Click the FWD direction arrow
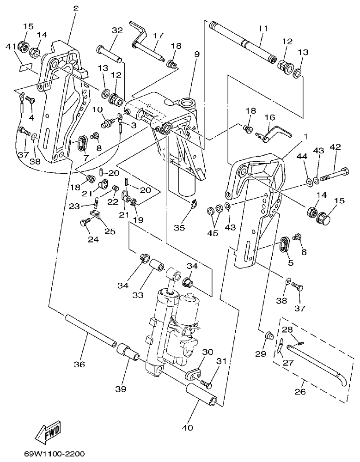[x=48, y=431]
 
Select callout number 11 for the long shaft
[x=262, y=29]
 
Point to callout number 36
[x=79, y=365]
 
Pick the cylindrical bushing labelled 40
[x=201, y=396]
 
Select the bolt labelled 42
[x=335, y=176]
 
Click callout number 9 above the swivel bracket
[x=197, y=55]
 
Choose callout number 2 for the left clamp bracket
[x=76, y=8]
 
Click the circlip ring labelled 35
[x=194, y=204]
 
